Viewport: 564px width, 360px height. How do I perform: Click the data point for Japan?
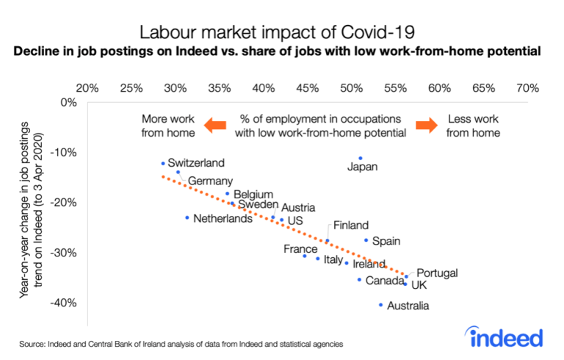361,158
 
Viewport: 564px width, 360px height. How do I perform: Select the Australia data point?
380,304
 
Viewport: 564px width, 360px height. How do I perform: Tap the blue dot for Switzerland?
163,163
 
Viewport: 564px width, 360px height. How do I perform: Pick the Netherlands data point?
187,217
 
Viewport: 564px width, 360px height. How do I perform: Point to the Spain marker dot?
366,240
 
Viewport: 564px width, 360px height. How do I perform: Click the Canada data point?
359,280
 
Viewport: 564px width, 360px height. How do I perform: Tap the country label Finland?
350,226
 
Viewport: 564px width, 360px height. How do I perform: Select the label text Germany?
210,181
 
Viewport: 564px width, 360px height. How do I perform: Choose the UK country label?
419,285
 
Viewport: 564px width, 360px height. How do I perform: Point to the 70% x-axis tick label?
527,88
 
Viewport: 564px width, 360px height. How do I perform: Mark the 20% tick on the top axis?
88,88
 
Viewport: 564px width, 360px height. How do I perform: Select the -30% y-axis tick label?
63,252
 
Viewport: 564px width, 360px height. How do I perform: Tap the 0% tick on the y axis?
69,102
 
